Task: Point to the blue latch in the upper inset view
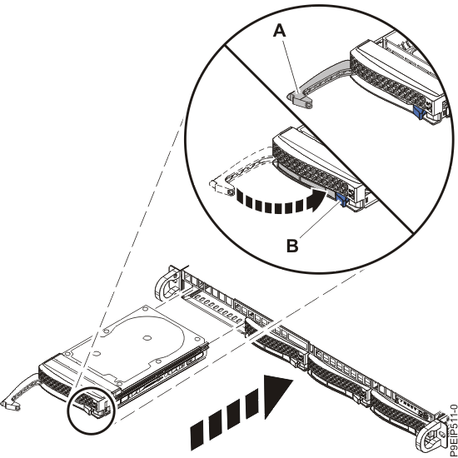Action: (419, 108)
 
